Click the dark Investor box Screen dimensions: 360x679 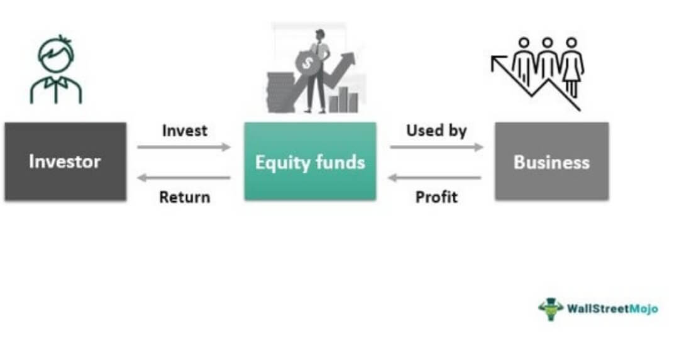[65, 161]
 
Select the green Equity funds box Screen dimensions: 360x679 [310, 161]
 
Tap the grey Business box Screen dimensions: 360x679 [551, 161]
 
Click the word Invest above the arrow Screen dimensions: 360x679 [184, 131]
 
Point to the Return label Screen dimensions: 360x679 [184, 197]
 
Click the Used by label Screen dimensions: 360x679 [436, 131]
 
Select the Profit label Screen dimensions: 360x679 [436, 197]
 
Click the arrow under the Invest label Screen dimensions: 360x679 [184, 147]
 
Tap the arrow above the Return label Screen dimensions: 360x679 [184, 178]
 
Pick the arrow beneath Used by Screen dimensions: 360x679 [436, 147]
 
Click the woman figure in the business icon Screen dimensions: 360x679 [572, 66]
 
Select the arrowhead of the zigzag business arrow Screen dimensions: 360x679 [498, 61]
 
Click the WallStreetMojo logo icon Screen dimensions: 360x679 [551, 308]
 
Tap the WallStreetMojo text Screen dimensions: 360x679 [612, 308]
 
